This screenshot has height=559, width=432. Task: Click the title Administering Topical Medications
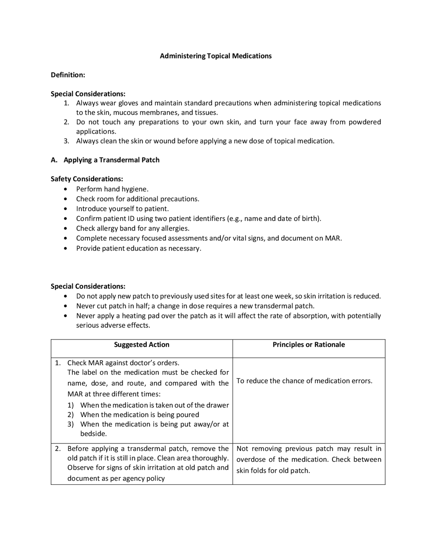216,56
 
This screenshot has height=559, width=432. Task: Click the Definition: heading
68,75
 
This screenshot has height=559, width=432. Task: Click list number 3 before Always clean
66,141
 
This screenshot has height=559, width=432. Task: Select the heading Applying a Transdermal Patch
111,160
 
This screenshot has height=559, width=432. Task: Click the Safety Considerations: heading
87,179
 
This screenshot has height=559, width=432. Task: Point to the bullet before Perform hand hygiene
65,189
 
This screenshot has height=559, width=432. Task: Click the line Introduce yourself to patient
122,209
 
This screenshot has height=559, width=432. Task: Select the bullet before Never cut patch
65,306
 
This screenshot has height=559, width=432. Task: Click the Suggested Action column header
141,345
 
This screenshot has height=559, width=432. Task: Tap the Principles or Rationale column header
308,345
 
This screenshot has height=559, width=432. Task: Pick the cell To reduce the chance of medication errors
304,381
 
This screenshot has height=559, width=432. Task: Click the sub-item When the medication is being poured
139,415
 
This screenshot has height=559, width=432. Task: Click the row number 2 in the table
58,449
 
